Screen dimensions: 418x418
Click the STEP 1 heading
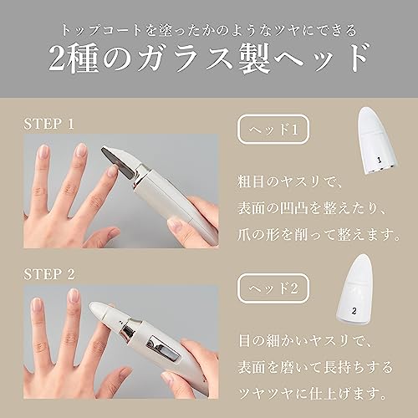[x=48, y=124]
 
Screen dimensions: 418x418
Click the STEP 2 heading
[x=49, y=274]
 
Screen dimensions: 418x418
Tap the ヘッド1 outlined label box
[x=273, y=129]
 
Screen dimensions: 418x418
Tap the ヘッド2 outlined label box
[x=273, y=288]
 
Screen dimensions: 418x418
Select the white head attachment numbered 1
[x=378, y=140]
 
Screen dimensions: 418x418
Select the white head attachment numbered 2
[x=355, y=290]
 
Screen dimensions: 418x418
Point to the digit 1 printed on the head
[x=379, y=160]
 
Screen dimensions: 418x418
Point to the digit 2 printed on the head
[x=354, y=311]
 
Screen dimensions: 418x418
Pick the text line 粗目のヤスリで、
[x=290, y=182]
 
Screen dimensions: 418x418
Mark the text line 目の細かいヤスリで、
[x=305, y=340]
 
